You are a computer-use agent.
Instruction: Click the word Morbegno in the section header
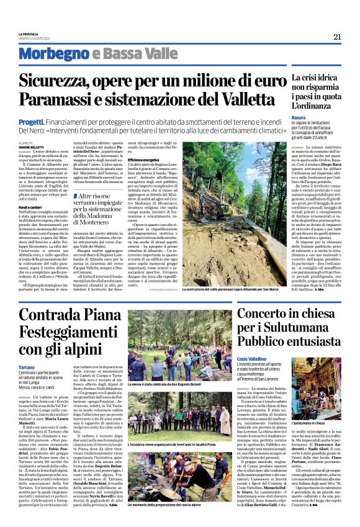click(56, 54)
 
